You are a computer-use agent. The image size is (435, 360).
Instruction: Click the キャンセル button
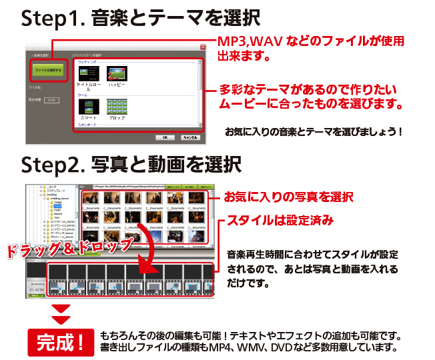pyautogui.click(x=188, y=137)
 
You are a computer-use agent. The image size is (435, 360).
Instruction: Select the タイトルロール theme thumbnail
pyautogui.click(x=88, y=73)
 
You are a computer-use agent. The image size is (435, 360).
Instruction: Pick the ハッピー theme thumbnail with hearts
pyautogui.click(x=117, y=73)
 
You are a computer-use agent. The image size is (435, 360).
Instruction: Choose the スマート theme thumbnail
pyautogui.click(x=88, y=106)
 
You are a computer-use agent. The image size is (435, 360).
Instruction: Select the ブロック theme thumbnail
pyautogui.click(x=117, y=106)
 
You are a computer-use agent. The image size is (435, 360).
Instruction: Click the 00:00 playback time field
pyautogui.click(x=51, y=100)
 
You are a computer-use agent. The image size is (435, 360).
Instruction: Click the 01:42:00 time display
pyautogui.click(x=36, y=291)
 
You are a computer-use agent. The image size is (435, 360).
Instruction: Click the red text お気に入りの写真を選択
pyautogui.click(x=288, y=197)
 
